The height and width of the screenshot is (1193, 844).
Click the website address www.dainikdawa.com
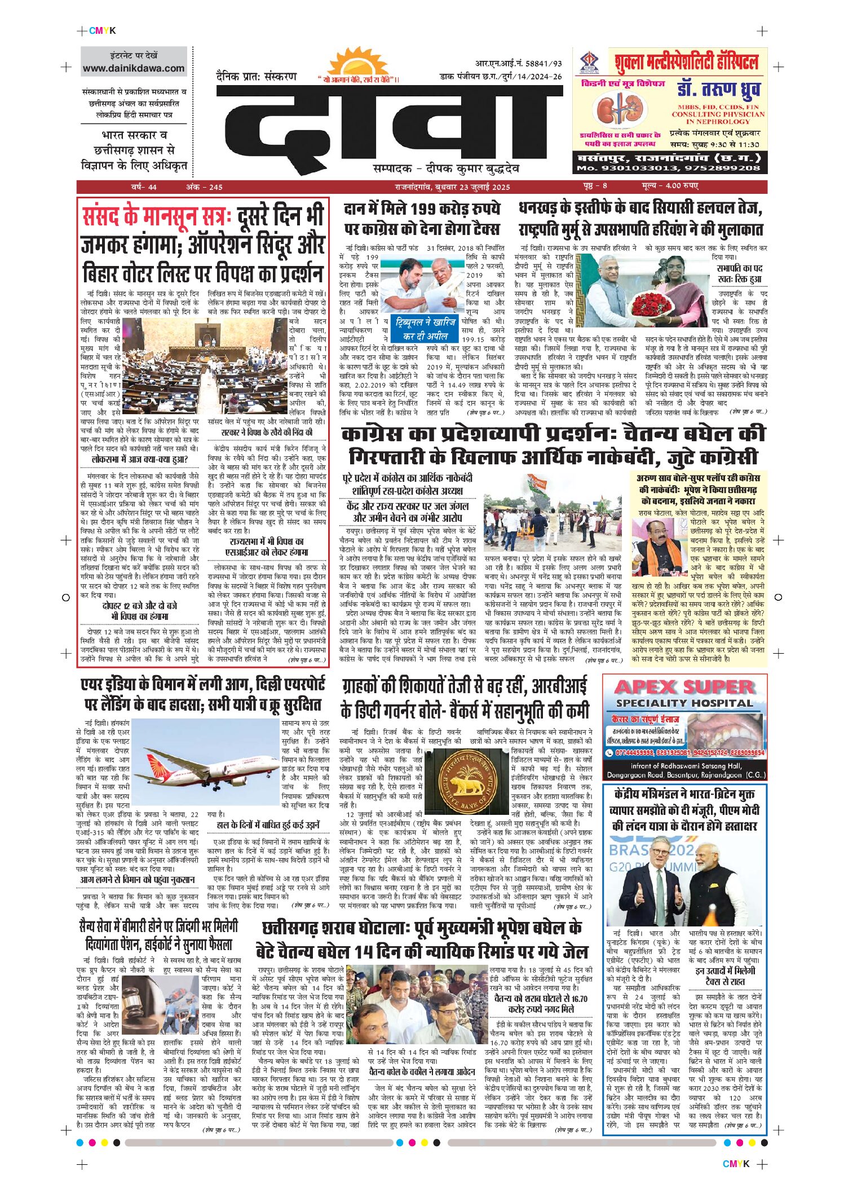134,68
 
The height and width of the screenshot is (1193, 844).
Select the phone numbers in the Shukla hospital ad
669,168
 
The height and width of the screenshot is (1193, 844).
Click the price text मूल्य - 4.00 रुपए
669,186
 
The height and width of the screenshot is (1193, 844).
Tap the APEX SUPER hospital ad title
684,688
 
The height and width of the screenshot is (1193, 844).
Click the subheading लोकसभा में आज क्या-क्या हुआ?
139,459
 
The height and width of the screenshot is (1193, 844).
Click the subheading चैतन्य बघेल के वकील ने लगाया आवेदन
422,1072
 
